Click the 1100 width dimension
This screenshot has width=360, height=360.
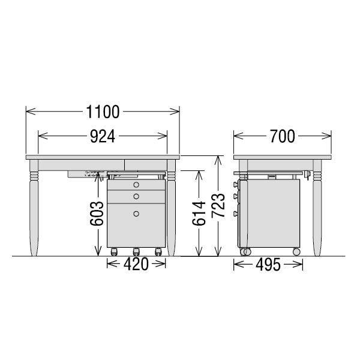[103, 112]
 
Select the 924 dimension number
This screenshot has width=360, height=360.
[103, 136]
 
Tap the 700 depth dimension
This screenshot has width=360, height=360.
[282, 136]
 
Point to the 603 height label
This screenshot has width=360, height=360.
[97, 213]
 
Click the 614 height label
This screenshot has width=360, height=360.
[199, 213]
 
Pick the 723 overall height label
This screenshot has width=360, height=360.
[218, 205]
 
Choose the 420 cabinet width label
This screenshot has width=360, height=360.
[136, 264]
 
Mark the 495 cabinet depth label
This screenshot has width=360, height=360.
[268, 265]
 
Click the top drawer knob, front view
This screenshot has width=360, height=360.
[136, 184]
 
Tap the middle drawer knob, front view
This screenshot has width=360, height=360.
[136, 196]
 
